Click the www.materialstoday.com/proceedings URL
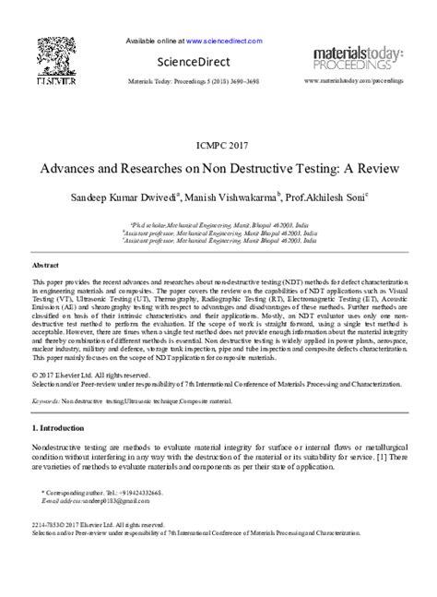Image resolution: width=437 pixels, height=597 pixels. pos(355,82)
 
